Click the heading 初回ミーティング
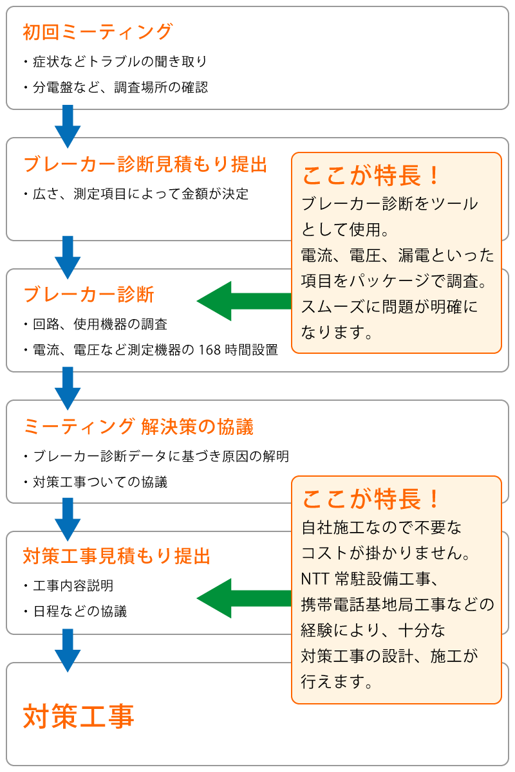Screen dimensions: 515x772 click(x=97, y=32)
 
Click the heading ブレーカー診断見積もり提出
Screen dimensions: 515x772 click(x=145, y=164)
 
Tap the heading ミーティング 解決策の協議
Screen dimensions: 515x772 click(x=138, y=427)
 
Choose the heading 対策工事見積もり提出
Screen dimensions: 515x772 click(x=117, y=556)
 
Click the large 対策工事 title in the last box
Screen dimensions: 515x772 click(x=79, y=717)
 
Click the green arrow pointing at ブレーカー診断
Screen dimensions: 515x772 click(x=244, y=301)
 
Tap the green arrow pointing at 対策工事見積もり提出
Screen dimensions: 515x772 click(x=244, y=598)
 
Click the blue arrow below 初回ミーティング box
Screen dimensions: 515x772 click(x=68, y=127)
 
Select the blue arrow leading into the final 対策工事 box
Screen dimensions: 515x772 click(x=68, y=650)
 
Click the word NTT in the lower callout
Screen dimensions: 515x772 click(x=315, y=579)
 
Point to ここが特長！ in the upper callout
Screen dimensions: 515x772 click(x=371, y=175)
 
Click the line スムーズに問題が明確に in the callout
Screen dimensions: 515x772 click(x=389, y=306)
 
